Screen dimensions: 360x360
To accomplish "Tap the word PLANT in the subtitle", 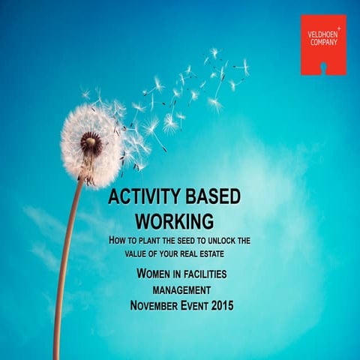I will (x=160, y=241).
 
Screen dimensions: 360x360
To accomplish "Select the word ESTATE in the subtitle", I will (x=220, y=253).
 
